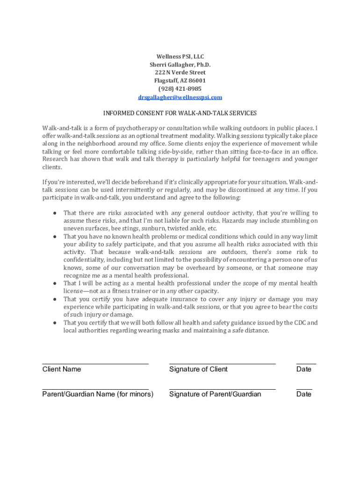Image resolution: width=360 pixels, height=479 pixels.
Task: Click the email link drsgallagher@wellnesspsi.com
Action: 180,97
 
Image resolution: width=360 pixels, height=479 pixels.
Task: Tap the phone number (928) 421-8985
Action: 180,89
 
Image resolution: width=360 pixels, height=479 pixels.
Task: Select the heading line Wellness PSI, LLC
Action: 180,57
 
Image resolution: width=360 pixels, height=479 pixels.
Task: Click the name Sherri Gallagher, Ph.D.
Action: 180,65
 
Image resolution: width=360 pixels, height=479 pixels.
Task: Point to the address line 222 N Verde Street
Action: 180,73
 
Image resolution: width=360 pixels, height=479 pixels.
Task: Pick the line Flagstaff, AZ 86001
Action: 180,80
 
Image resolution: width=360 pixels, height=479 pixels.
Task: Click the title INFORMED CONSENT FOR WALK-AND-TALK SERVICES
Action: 180,113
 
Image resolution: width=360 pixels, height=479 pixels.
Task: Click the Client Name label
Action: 62,369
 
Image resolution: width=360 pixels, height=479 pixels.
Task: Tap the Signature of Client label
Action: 198,369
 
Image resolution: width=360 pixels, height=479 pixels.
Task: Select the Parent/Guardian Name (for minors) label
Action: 98,394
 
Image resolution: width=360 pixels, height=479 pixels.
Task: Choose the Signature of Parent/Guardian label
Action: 215,394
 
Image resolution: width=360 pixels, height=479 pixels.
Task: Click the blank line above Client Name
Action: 95,363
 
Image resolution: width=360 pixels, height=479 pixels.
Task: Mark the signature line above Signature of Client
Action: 222,363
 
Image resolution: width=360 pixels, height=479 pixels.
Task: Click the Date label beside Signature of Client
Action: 304,369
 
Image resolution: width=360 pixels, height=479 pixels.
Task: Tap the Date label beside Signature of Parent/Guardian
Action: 304,394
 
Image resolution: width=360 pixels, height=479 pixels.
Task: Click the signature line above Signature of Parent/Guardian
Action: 222,389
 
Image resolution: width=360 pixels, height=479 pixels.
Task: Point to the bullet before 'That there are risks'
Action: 55,213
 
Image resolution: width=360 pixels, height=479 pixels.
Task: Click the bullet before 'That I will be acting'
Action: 55,283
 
